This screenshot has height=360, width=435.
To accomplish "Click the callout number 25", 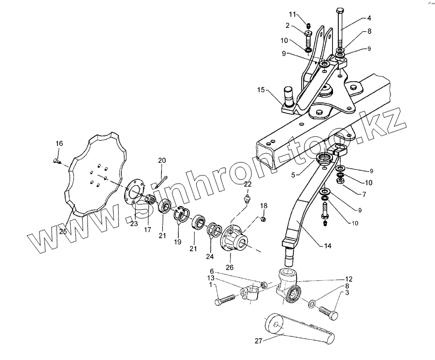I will (63, 231).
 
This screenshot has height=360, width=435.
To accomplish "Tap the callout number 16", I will (59, 144).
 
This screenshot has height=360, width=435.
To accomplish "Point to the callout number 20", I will (162, 160).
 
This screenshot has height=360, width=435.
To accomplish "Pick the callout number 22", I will (247, 184).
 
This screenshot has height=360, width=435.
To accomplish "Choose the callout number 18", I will (264, 206).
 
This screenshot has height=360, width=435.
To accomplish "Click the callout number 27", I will (259, 340).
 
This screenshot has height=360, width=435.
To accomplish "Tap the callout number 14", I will (328, 246).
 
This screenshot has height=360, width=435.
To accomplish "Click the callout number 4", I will (369, 18).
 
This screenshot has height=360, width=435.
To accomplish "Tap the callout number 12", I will (348, 279).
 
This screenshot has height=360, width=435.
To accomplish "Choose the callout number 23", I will (134, 223).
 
